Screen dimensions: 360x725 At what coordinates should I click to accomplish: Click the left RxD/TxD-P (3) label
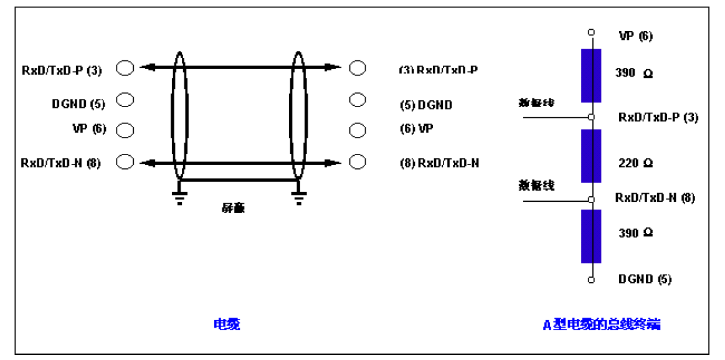[61, 69]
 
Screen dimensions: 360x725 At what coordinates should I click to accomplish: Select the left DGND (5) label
[78, 103]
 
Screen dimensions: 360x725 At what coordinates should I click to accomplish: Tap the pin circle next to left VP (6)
[126, 130]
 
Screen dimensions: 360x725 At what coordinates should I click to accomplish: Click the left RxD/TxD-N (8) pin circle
[126, 162]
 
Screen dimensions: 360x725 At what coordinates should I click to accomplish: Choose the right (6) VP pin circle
[358, 131]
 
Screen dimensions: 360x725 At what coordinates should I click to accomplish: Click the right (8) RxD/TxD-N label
[439, 164]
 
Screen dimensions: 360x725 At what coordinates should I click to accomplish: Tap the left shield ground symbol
[179, 198]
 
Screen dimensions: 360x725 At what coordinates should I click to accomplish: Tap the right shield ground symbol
[299, 198]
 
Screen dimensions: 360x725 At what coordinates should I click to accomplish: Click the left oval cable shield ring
[179, 115]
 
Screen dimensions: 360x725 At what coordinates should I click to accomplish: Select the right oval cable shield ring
[299, 115]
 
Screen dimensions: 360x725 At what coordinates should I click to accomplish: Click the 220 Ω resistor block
[590, 156]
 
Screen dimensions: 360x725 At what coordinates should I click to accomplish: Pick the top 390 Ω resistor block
[590, 75]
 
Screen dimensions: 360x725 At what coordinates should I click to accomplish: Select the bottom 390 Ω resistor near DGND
[590, 236]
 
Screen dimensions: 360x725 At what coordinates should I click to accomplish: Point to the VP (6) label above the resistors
[635, 36]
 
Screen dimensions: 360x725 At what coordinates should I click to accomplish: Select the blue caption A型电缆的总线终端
[602, 324]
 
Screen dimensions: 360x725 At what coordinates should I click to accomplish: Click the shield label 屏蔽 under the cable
[233, 207]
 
